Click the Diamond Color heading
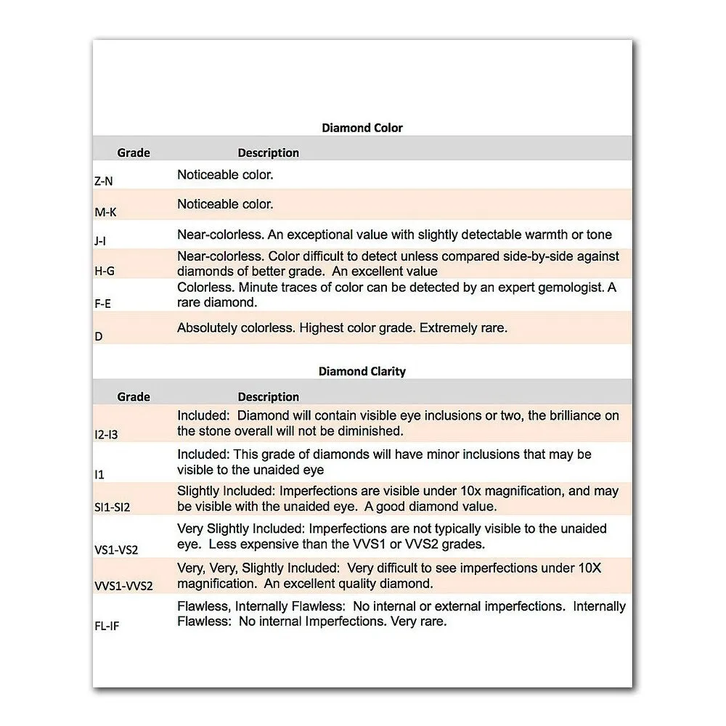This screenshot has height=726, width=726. pos(362,128)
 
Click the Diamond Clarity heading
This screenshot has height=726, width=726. pos(362,372)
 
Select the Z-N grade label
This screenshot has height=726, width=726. pos(104,181)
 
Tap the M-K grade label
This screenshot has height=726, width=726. pos(105,211)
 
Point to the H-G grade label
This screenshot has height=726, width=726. pos(105,271)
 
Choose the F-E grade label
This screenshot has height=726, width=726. pos(103,303)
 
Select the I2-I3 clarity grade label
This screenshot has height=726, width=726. pos(107,435)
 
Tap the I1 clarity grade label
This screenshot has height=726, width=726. pos(99,474)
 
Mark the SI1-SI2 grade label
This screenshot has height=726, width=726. pos(113,507)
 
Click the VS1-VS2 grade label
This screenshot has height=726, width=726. pos(116,550)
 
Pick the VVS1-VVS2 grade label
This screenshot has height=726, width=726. pos(124,586)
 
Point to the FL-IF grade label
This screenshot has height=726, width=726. pos(107,626)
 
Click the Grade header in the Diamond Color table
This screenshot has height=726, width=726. pos(134,152)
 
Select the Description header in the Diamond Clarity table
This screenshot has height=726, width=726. pos(269,397)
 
